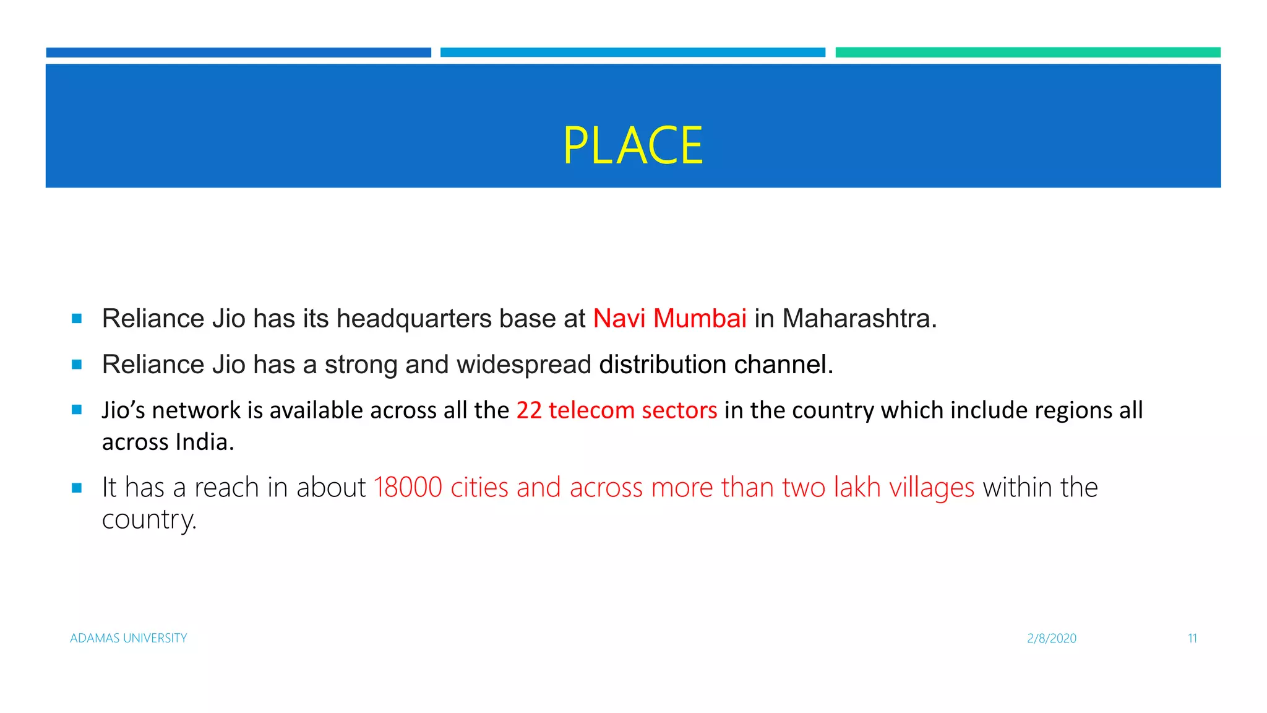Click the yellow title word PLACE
tap(633, 146)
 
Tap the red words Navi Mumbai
tap(669, 319)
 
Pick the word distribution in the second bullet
tap(662, 365)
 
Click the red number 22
tap(529, 410)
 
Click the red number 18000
tap(408, 488)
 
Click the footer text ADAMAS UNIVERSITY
tap(129, 638)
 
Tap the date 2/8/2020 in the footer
tap(1052, 638)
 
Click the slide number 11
tap(1192, 638)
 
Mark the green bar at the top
tap(1028, 53)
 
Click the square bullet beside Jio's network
tap(77, 410)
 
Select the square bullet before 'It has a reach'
tap(77, 488)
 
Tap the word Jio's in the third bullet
tap(123, 410)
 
